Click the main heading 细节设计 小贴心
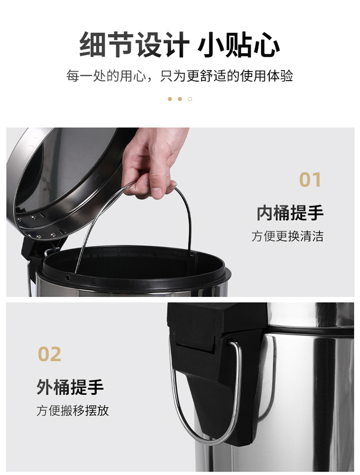click(180, 45)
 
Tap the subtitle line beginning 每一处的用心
click(180, 76)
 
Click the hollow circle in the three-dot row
click(190, 99)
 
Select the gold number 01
click(310, 180)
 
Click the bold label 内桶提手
click(290, 213)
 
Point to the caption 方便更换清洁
click(287, 236)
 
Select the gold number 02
click(49, 354)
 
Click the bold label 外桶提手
click(70, 387)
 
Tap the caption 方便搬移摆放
click(72, 411)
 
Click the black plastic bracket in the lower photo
click(219, 364)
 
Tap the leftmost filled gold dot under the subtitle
click(170, 99)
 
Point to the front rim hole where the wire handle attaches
click(68, 277)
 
